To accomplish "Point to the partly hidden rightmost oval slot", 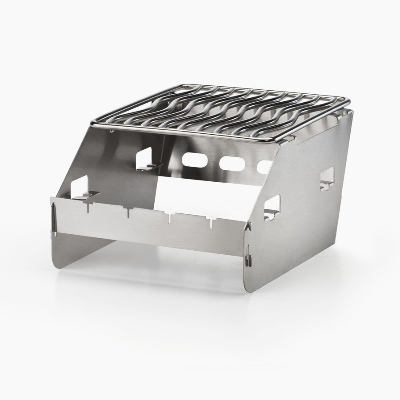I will click(x=264, y=166).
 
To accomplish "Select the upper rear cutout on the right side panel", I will click(x=327, y=179).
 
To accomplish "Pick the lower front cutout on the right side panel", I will click(x=272, y=208).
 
